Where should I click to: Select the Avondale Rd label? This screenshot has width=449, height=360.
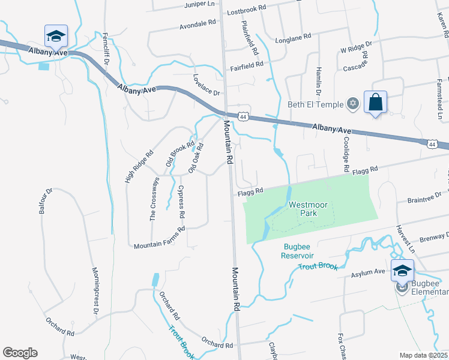pyautogui.click(x=197, y=27)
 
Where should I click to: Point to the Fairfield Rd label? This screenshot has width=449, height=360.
pyautogui.click(x=247, y=64)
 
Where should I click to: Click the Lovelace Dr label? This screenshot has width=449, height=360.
pyautogui.click(x=206, y=86)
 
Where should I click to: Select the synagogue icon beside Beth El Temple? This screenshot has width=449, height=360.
pyautogui.click(x=353, y=104)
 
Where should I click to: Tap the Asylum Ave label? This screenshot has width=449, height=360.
pyautogui.click(x=368, y=273)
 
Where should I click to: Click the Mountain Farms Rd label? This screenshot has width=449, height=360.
pyautogui.click(x=158, y=237)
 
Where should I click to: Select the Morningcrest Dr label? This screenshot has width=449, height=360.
pyautogui.click(x=94, y=290)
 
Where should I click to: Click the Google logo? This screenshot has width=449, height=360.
pyautogui.click(x=20, y=353)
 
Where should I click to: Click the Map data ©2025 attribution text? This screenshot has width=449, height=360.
pyautogui.click(x=423, y=355)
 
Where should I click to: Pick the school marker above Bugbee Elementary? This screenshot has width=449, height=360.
pyautogui.click(x=402, y=271)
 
